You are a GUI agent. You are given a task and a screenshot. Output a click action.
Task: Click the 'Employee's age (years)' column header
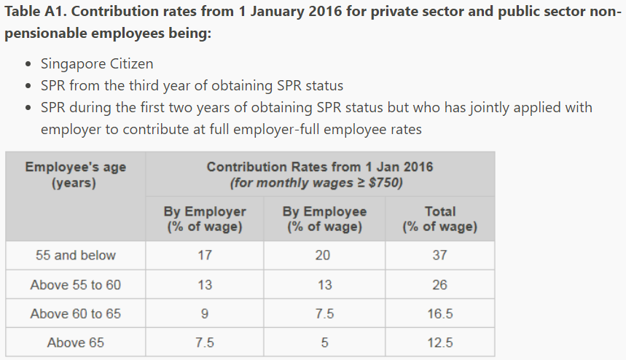(75, 175)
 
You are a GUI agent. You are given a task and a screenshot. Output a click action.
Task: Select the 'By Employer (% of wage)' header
(204, 219)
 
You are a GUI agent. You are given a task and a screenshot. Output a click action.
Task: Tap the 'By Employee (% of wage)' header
(324, 219)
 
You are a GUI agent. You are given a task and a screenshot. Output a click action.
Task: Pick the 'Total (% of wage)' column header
(439, 219)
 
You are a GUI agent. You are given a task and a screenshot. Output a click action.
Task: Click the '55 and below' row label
(75, 256)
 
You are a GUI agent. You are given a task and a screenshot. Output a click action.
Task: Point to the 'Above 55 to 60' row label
(75, 285)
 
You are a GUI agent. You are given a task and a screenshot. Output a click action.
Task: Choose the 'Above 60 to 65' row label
(75, 314)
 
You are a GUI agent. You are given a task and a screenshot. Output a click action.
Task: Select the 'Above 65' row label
(75, 343)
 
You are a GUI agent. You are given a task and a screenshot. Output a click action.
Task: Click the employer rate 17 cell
(204, 256)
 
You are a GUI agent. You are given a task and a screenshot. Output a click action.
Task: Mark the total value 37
(439, 256)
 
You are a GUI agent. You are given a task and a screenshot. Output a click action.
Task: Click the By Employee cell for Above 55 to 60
(324, 285)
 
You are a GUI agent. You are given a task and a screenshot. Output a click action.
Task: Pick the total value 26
(439, 285)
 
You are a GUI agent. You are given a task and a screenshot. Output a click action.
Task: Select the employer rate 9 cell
(204, 314)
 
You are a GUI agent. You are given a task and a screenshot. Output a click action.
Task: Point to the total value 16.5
(439, 314)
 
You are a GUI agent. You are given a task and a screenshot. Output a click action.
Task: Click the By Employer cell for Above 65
(204, 343)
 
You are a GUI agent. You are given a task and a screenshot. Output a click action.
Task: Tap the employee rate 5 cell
(324, 343)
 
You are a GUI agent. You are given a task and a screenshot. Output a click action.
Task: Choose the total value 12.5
(439, 343)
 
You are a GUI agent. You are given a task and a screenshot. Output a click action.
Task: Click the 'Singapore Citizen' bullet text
(96, 63)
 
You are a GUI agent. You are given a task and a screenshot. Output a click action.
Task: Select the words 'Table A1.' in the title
(34, 14)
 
